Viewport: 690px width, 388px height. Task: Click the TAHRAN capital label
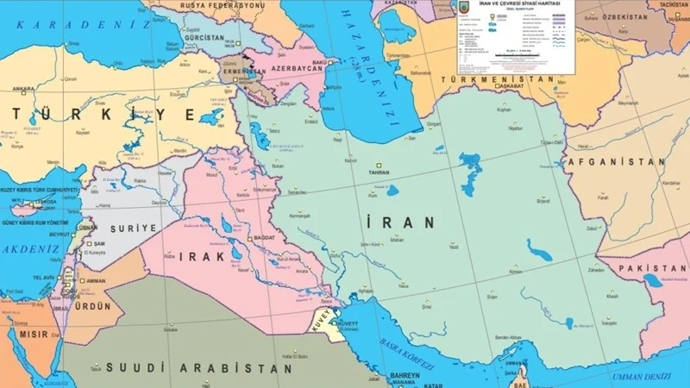(x=379, y=172)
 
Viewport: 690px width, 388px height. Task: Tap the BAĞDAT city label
(x=264, y=237)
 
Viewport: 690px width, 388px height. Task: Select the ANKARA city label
(x=22, y=88)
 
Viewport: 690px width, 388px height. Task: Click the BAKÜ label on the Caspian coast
(x=319, y=63)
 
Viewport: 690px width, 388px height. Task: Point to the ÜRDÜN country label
(x=92, y=305)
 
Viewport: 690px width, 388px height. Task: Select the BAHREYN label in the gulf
(x=402, y=376)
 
